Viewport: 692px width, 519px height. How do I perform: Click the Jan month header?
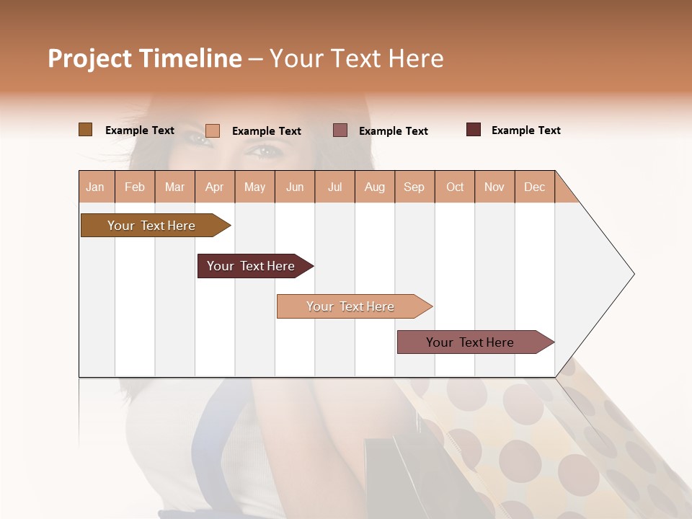[96, 187]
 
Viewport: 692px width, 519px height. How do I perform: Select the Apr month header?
[215, 187]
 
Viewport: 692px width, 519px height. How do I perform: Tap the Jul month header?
[335, 187]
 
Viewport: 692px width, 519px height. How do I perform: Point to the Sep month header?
[414, 187]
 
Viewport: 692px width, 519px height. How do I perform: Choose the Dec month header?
[535, 187]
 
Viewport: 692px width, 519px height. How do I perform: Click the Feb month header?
[135, 187]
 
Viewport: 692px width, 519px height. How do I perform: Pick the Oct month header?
[455, 187]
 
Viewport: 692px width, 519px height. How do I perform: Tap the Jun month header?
[295, 187]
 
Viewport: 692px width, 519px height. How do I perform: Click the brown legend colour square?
[86, 130]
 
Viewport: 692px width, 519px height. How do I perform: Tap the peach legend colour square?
[213, 130]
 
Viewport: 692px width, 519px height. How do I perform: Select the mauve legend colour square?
[340, 130]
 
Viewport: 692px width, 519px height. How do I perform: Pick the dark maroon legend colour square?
[474, 130]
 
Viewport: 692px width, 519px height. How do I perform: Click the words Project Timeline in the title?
[145, 58]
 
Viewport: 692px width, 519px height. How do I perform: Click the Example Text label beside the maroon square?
[525, 130]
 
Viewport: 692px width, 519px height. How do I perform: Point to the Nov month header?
[494, 187]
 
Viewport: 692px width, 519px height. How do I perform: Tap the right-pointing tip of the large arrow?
[632, 274]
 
